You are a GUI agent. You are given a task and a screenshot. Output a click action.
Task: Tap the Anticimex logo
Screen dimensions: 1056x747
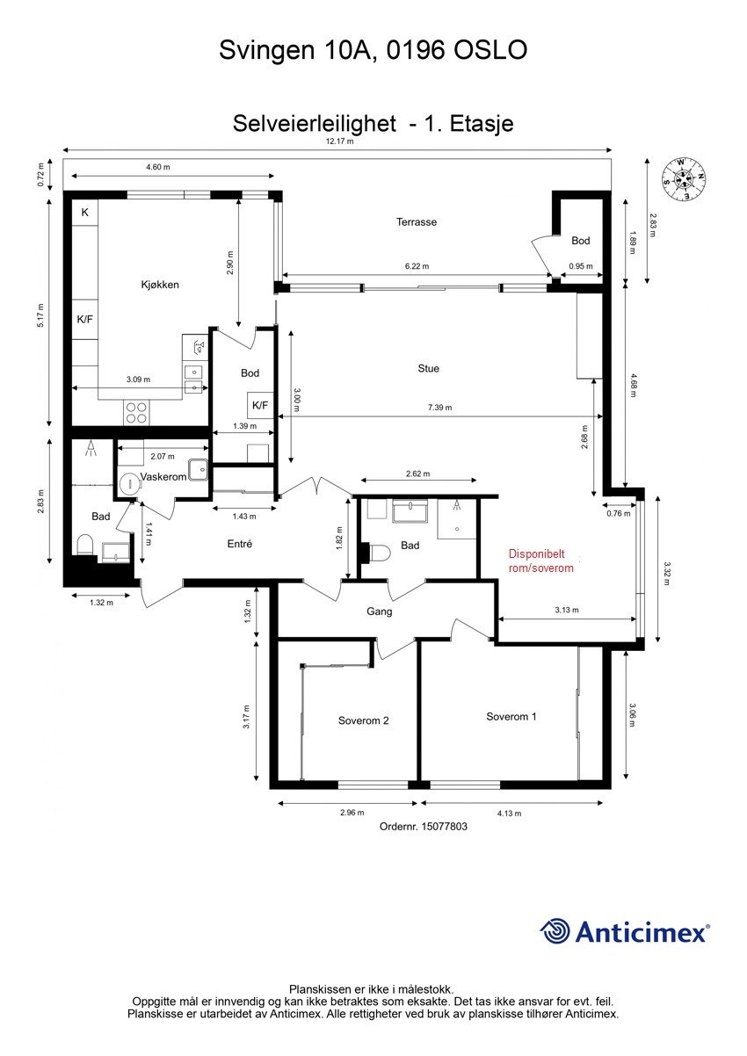[x=625, y=931]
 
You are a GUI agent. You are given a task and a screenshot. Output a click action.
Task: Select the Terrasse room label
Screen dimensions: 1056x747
[x=416, y=222]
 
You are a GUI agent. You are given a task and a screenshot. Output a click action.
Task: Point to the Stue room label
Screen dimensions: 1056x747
[x=428, y=368]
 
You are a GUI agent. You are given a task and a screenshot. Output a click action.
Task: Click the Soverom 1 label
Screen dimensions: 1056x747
[x=511, y=716]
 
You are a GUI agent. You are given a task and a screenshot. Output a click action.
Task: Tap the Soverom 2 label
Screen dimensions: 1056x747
[x=363, y=720]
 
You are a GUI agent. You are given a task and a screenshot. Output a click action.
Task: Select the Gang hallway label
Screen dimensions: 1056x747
[x=380, y=611]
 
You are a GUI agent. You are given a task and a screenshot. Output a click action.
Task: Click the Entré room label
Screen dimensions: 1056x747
[x=240, y=544]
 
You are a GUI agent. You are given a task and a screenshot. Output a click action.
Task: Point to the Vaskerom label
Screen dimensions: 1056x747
[x=163, y=476]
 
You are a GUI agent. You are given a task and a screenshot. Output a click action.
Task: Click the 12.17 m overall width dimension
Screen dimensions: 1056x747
[x=339, y=141]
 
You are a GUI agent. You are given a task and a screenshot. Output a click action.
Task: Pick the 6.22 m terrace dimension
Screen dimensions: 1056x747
[x=418, y=266]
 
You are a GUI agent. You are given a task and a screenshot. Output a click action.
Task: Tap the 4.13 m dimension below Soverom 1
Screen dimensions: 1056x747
[x=509, y=813]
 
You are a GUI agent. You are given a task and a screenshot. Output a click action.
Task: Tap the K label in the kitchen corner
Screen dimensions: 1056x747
[x=85, y=213]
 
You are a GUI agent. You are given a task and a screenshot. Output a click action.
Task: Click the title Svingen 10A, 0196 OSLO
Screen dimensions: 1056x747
[x=373, y=51]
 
